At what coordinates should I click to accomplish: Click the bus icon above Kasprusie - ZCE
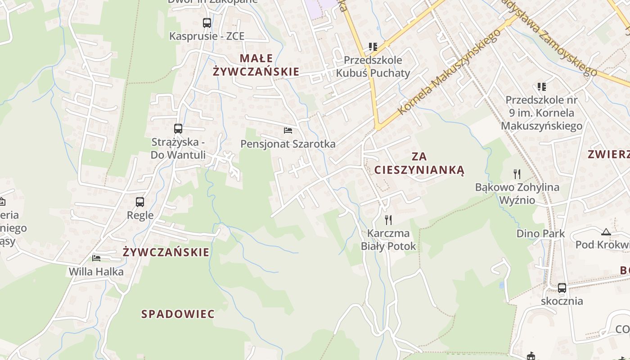(x=207, y=22)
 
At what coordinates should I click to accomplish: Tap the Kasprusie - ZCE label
(x=207, y=36)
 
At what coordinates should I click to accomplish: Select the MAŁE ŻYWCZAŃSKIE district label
(x=256, y=65)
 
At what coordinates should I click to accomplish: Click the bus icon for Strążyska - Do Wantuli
(x=178, y=129)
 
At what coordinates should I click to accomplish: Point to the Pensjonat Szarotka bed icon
(x=288, y=130)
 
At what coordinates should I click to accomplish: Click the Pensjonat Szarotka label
(x=288, y=144)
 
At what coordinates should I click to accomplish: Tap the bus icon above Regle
(x=140, y=202)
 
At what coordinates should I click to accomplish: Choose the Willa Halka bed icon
(x=96, y=258)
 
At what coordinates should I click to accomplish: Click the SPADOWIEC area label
(x=178, y=314)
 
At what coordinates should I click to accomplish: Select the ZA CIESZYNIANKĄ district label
(x=419, y=163)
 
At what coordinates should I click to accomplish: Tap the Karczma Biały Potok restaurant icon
(x=388, y=220)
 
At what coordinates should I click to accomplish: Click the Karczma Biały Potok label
(x=388, y=240)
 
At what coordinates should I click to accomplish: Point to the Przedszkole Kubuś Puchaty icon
(x=373, y=46)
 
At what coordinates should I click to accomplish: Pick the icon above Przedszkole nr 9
(x=541, y=86)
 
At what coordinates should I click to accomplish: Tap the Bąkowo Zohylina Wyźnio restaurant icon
(x=517, y=174)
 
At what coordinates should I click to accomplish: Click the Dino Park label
(x=540, y=234)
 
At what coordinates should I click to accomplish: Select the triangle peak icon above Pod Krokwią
(x=606, y=232)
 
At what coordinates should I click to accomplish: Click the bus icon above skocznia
(x=562, y=288)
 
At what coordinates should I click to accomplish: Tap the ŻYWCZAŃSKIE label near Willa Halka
(x=166, y=252)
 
